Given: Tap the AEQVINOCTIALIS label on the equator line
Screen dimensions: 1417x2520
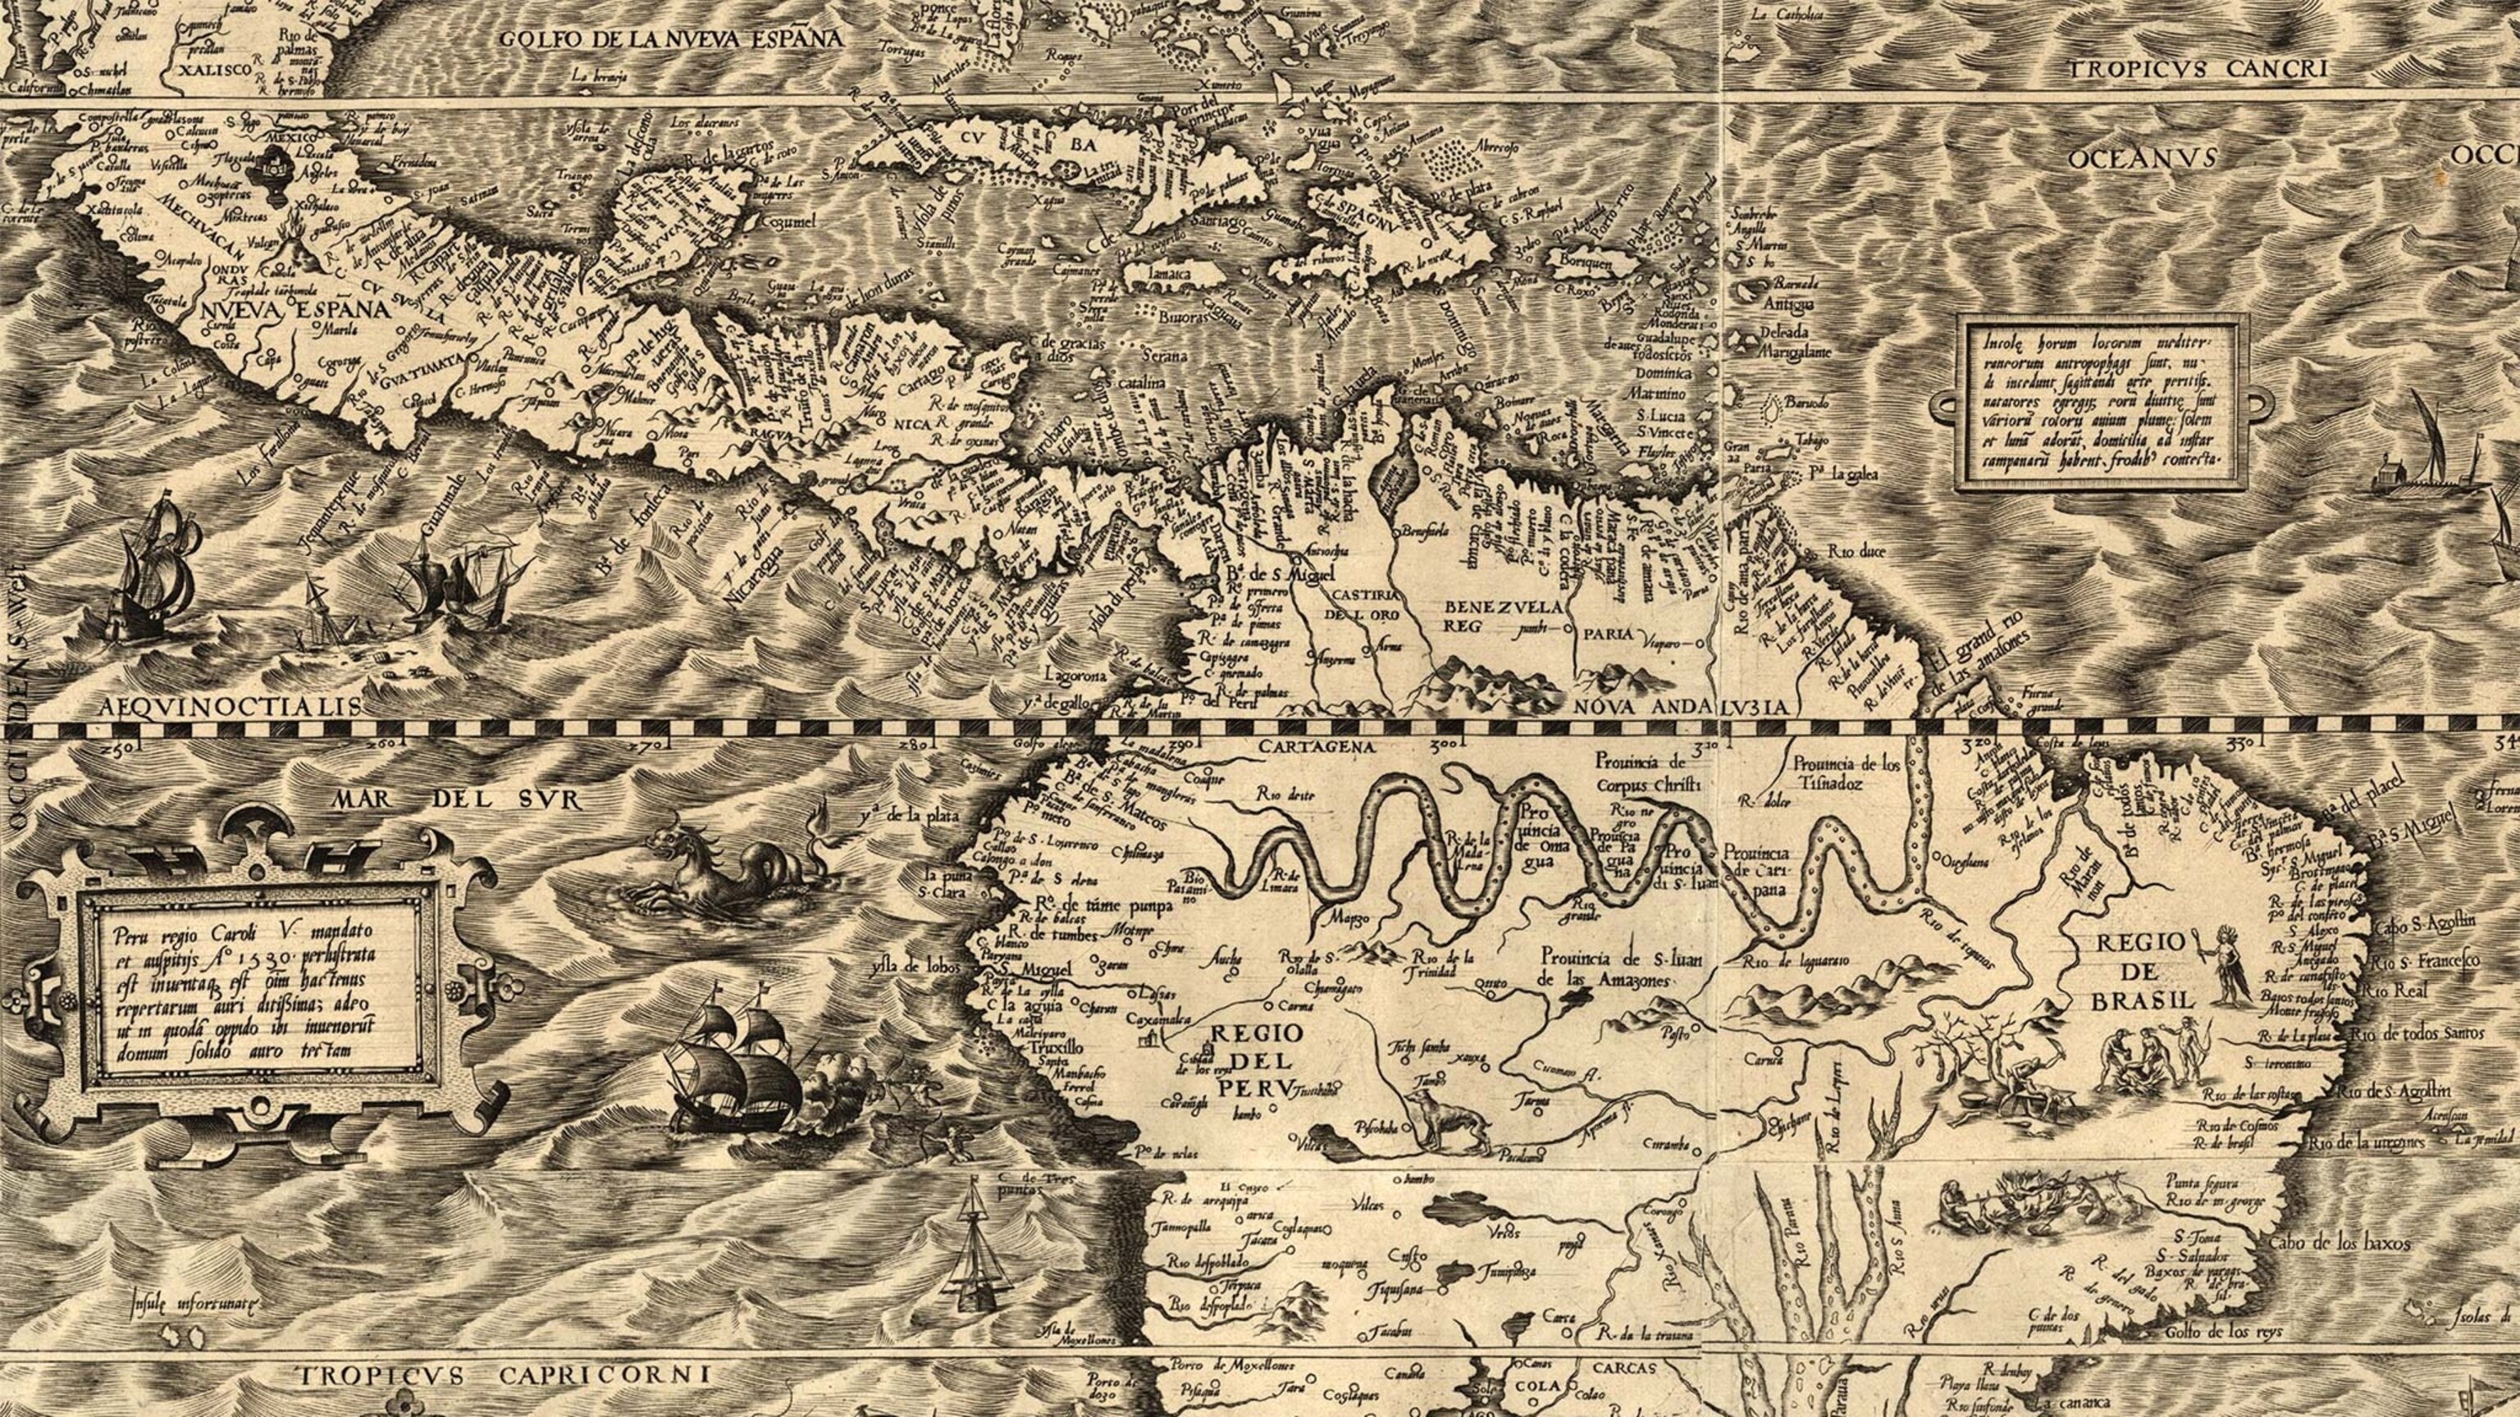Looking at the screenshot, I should pyautogui.click(x=229, y=706).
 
